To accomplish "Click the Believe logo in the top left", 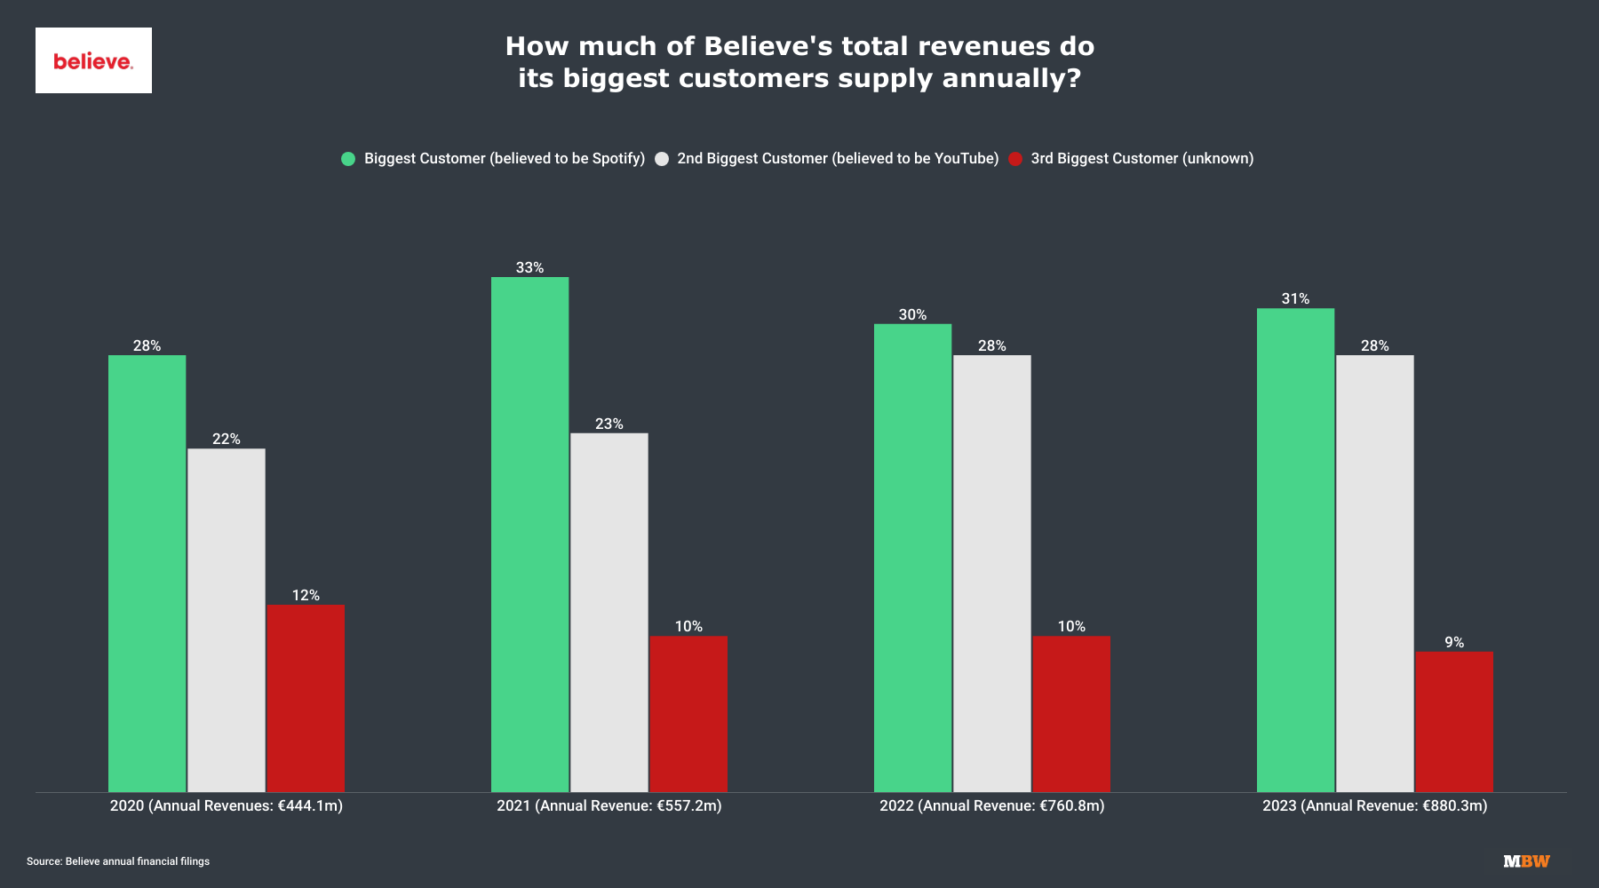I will [93, 60].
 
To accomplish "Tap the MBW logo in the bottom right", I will [1526, 860].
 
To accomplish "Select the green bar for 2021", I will [529, 534].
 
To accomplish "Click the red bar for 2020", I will [306, 698].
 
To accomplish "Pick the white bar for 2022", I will [991, 573].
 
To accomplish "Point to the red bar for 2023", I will [1453, 721].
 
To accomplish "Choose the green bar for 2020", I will [147, 573].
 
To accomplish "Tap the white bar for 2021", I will [609, 612].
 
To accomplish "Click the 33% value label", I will [529, 267].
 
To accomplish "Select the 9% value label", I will [1453, 642].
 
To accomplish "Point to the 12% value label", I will [306, 595].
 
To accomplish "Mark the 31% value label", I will [1295, 298].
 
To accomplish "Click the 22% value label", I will [226, 439].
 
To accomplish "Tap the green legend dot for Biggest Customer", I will [348, 159].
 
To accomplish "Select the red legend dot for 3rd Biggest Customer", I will [1015, 159].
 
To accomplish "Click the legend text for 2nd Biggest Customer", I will [838, 158].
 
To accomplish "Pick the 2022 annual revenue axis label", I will [991, 805].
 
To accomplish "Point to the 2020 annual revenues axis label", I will [226, 805].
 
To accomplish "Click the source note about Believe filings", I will [118, 861].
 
